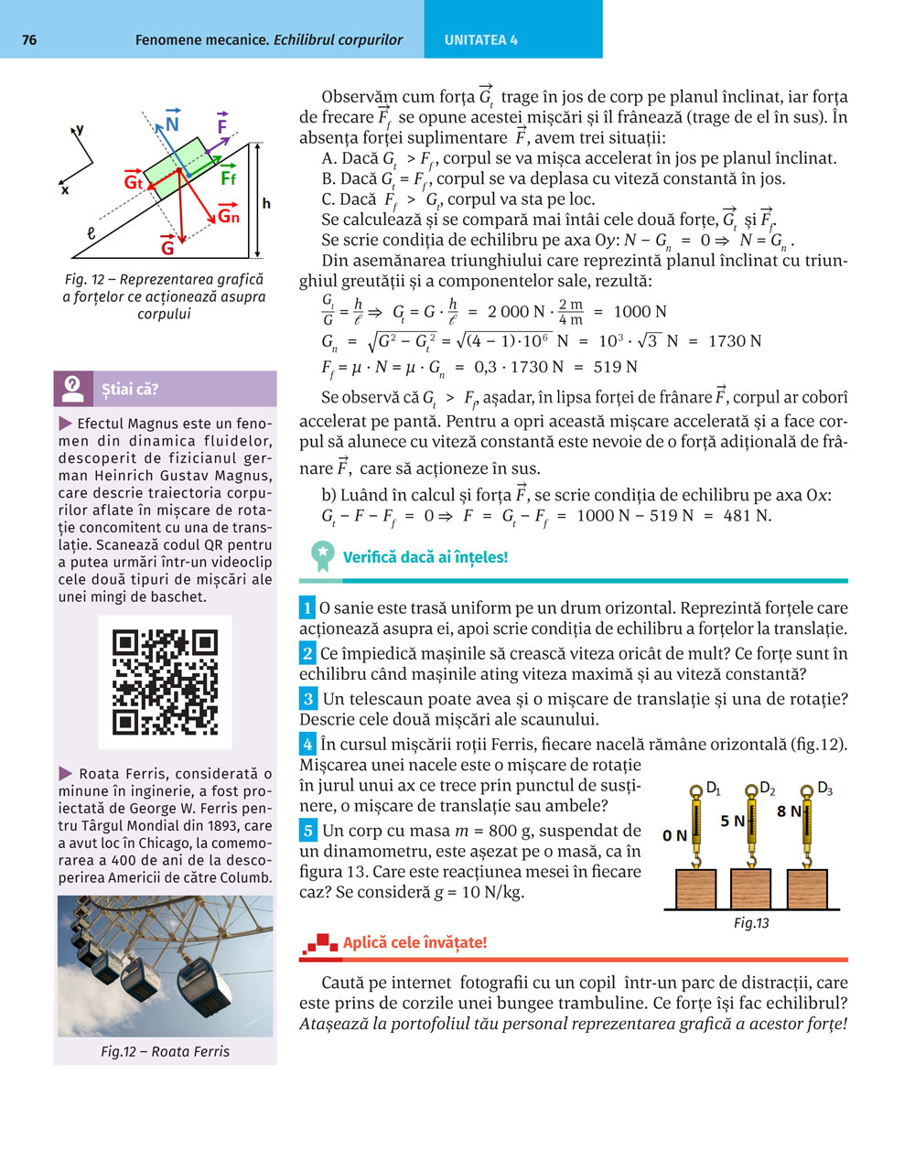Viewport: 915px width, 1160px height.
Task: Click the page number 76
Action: click(x=29, y=40)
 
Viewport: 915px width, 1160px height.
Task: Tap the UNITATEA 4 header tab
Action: click(x=481, y=40)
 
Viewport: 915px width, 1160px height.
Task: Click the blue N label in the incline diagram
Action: click(x=172, y=124)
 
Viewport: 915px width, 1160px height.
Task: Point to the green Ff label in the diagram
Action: click(x=229, y=178)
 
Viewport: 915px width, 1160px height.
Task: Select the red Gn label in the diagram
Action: click(x=228, y=216)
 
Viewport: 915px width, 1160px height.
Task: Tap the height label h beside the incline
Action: click(x=266, y=203)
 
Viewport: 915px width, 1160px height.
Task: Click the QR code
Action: click(x=165, y=682)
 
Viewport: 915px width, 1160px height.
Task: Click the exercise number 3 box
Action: click(x=308, y=699)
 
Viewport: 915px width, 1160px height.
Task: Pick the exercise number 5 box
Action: click(x=308, y=831)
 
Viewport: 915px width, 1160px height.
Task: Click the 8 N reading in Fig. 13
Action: click(x=789, y=811)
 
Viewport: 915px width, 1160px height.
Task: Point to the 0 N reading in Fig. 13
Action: click(x=674, y=835)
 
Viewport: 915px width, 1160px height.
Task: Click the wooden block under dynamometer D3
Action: click(x=808, y=889)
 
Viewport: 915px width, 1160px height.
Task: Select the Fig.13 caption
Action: click(x=751, y=923)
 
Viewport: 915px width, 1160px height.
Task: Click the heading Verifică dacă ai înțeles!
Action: click(x=425, y=557)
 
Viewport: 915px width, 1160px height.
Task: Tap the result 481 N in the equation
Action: click(x=747, y=516)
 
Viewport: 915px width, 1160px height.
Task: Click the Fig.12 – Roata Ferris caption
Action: click(x=166, y=1051)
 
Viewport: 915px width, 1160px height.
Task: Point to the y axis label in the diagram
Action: click(x=81, y=130)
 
